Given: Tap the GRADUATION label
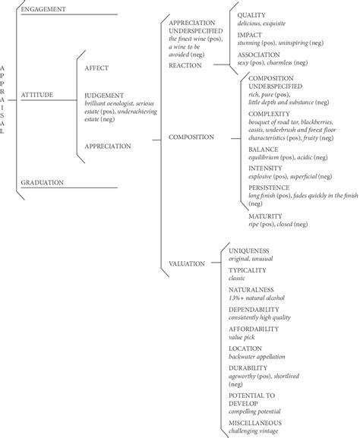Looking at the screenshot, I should pyautogui.click(x=42, y=182).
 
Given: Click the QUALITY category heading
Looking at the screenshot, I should pyautogui.click(x=252, y=14).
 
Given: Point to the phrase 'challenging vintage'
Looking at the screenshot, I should pyautogui.click(x=257, y=431).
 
